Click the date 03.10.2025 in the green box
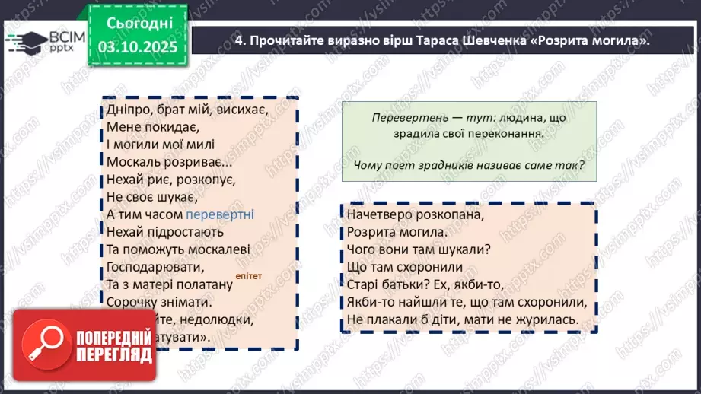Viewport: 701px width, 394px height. pyautogui.click(x=138, y=46)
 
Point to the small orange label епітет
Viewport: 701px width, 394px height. pyautogui.click(x=249, y=276)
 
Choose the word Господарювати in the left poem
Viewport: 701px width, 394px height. pyautogui.click(x=156, y=267)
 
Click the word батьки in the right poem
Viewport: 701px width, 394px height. pyautogui.click(x=404, y=285)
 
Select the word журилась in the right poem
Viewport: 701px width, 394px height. pyautogui.click(x=546, y=320)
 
